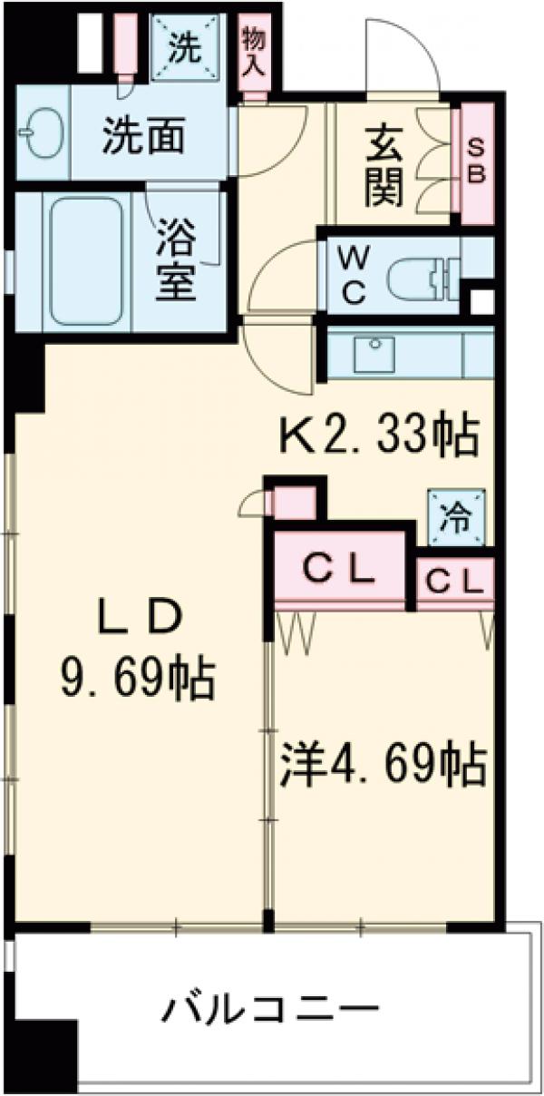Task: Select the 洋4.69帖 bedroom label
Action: point(382,765)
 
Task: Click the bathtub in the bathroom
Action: point(86,260)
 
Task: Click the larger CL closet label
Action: point(337,570)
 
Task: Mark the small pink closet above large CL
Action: point(295,503)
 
